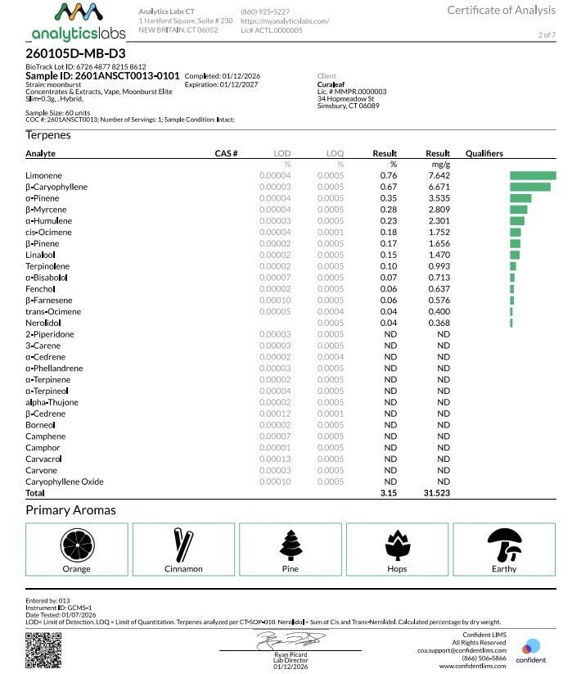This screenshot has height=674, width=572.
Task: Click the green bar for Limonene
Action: coord(533,175)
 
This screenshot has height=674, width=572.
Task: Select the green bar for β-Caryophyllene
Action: coord(529,187)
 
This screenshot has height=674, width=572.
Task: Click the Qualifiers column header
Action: coord(484,153)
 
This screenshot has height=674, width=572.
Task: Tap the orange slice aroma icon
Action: coord(76,544)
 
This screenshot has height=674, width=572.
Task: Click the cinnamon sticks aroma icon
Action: coord(183,544)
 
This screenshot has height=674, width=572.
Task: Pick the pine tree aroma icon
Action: coord(291,544)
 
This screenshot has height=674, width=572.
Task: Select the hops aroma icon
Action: coord(397,544)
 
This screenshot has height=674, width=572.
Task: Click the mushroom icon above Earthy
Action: coord(504,544)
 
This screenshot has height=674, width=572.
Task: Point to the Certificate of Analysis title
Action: coord(500,10)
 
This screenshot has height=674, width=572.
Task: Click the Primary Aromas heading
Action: coord(70,510)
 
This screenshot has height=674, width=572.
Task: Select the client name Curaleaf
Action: coord(331,84)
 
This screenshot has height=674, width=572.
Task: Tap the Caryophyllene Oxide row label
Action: coord(65,482)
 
